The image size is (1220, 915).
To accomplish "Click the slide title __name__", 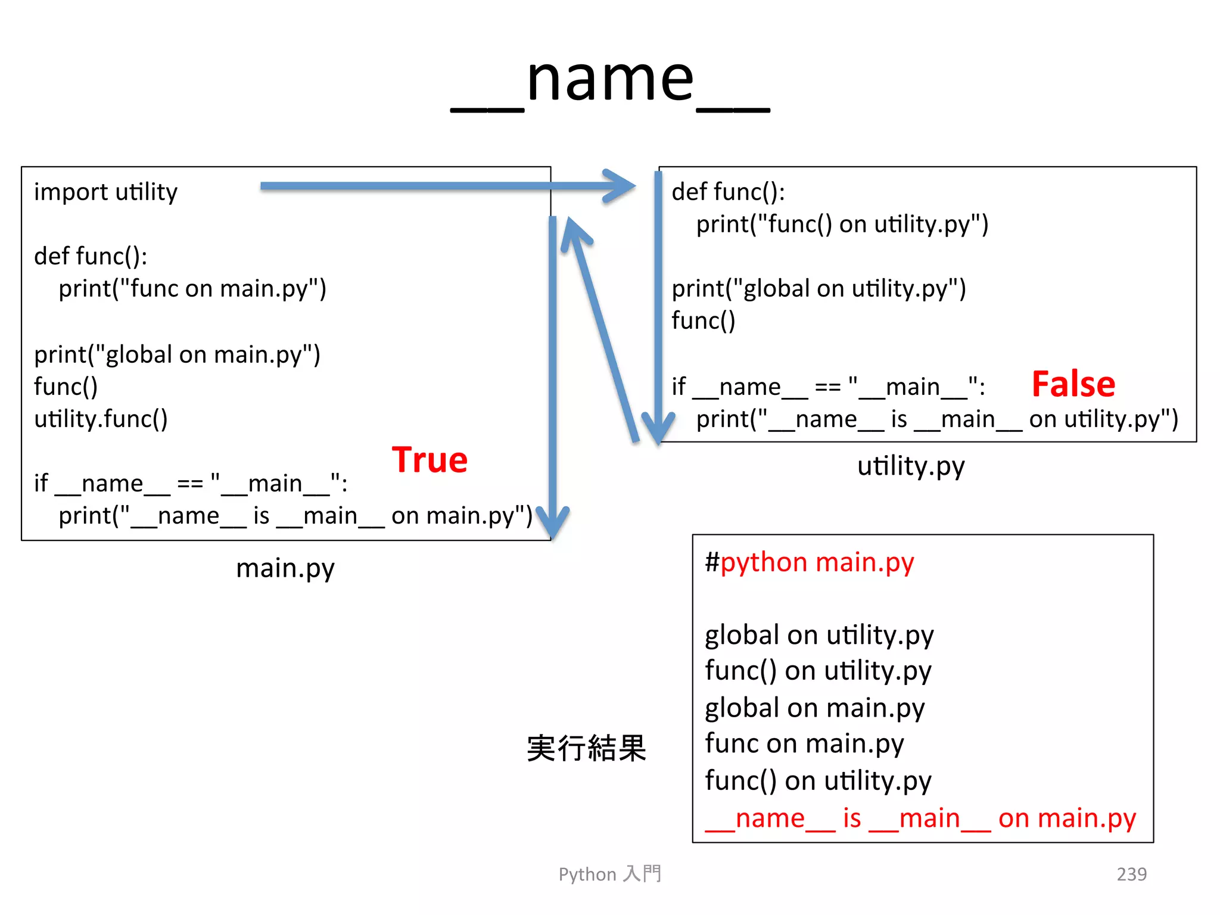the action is point(610,80).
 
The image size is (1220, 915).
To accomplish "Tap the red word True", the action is point(430,460).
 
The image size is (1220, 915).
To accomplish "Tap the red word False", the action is point(1073,384).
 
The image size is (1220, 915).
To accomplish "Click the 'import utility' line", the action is point(106,192).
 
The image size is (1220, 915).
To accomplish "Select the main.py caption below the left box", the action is point(285,568).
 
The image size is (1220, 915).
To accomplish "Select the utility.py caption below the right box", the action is point(911,466).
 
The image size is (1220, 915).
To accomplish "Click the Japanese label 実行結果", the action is point(587,748).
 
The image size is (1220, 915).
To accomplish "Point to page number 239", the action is point(1131,874).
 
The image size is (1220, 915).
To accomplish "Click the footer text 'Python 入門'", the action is point(610,874).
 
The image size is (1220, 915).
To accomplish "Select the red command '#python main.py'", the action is point(809,562).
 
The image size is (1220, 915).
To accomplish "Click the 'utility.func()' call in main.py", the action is point(101,419).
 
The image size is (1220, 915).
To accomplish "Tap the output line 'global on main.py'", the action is point(814,708).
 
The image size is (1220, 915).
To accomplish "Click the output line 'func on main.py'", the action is point(804,744).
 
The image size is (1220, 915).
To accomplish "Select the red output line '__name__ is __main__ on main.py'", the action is point(920,818).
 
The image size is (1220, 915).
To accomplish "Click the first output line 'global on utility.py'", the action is point(819,635).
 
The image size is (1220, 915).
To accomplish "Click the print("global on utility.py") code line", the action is point(819,289).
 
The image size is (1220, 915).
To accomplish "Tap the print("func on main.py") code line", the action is point(192,289).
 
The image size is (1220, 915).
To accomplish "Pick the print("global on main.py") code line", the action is point(178,355).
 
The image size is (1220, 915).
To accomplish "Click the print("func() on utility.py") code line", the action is point(842,225).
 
